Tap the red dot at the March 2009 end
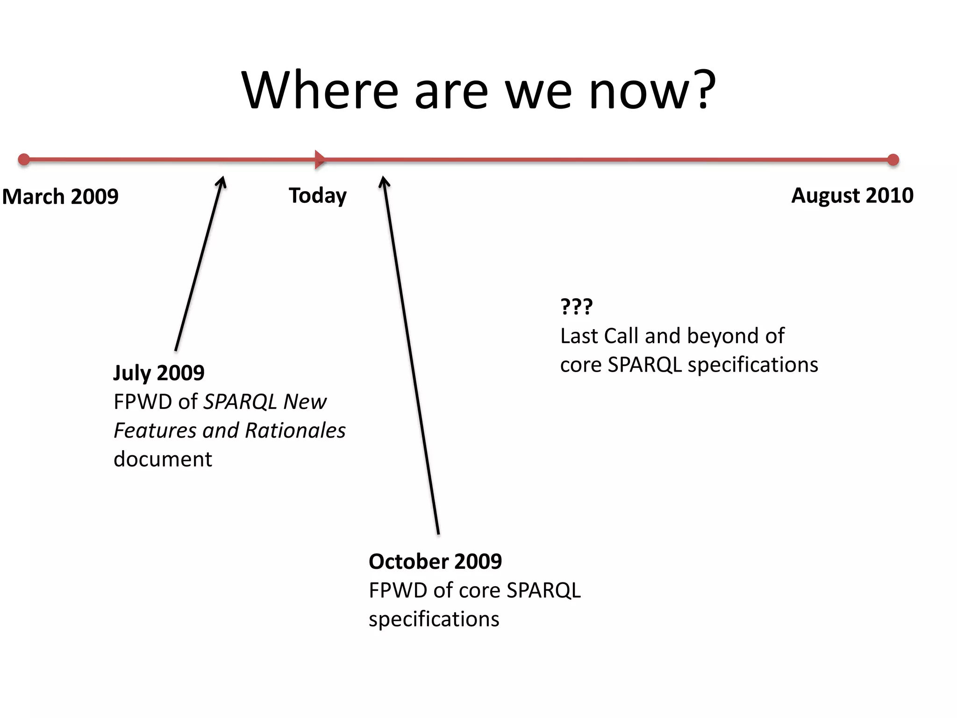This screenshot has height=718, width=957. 24,159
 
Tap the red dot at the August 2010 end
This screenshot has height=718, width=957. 893,160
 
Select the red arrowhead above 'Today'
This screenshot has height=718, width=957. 320,159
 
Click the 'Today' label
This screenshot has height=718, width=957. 318,195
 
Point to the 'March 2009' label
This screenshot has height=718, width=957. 60,196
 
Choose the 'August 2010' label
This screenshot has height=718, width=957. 852,195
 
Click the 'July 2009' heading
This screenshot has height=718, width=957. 159,373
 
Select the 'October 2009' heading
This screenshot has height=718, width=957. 435,561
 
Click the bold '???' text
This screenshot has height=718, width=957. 576,307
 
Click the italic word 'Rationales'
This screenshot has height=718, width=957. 295,431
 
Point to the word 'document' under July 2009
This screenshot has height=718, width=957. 163,459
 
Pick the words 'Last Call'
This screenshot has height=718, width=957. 599,336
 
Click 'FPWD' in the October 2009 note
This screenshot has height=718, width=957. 398,590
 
